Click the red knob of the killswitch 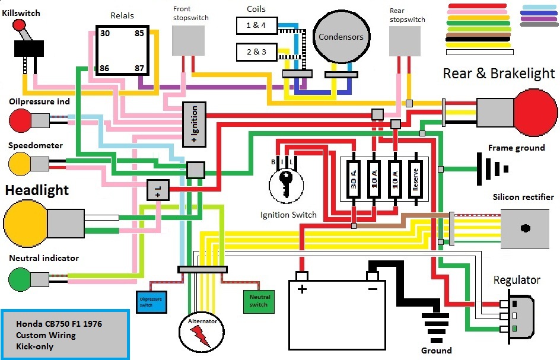tap(19, 26)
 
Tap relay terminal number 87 tap(139, 68)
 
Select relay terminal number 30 tap(104, 33)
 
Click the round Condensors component tap(341, 37)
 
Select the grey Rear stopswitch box tap(406, 41)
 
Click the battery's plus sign tap(302, 289)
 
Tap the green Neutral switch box tap(259, 301)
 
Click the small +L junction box tap(158, 190)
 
